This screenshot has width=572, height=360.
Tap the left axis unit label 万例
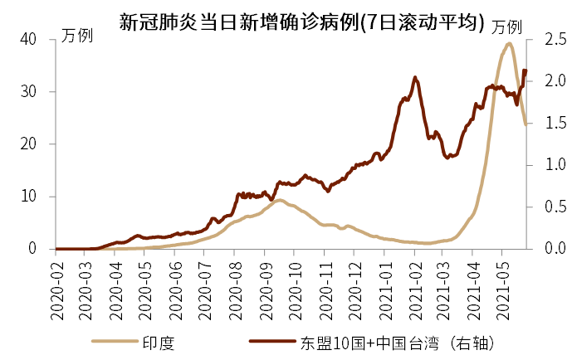[77, 36]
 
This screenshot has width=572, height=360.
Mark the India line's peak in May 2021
[508, 43]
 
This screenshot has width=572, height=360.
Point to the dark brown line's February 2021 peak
[415, 77]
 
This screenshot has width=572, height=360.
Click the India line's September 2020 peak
[278, 200]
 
